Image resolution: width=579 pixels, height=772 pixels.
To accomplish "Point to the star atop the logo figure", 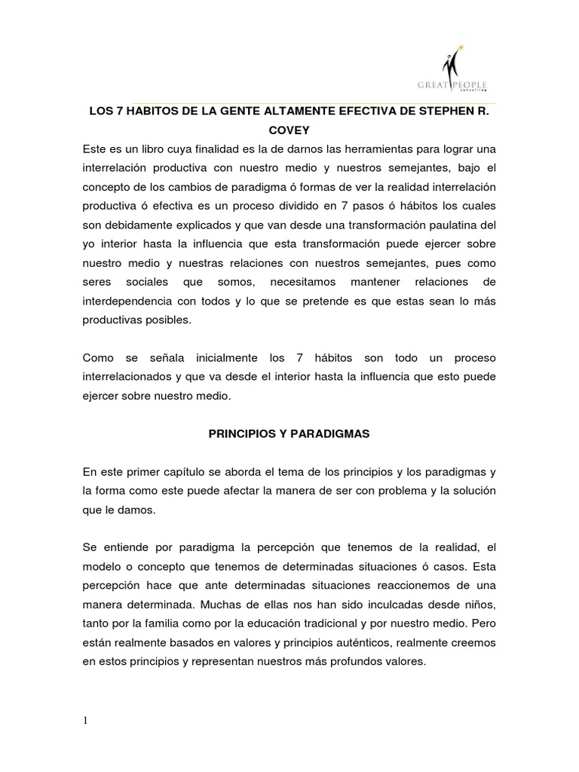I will pyautogui.click(x=461, y=49).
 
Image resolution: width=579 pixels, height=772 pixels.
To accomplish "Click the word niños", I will pyautogui.click(x=478, y=605).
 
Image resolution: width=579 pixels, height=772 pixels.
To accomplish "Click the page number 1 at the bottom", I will pyautogui.click(x=86, y=721).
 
